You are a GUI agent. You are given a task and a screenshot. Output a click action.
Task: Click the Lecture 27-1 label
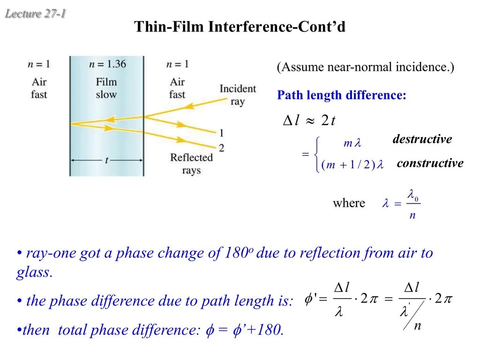[x=35, y=14]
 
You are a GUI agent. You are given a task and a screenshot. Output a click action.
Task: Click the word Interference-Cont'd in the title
[x=277, y=27]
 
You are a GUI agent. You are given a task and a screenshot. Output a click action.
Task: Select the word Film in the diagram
[x=106, y=82]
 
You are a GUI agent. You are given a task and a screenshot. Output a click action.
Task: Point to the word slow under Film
[x=106, y=94]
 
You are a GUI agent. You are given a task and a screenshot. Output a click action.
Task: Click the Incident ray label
[x=238, y=95]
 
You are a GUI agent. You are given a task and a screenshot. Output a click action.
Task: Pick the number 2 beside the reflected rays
[x=221, y=148]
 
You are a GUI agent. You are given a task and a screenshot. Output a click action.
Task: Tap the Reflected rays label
[x=191, y=163]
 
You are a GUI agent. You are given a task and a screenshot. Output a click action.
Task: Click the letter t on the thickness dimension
[x=107, y=160]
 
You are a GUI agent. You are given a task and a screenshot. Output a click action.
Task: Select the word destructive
[x=422, y=139]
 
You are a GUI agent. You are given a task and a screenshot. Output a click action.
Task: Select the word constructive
[x=430, y=163]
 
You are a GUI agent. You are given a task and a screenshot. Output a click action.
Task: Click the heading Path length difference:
[x=342, y=96]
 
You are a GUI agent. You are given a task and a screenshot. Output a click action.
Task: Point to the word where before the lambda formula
[x=349, y=203]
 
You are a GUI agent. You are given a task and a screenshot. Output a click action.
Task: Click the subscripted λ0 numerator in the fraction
[x=413, y=194]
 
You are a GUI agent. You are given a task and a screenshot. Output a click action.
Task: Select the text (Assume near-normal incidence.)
[x=365, y=67]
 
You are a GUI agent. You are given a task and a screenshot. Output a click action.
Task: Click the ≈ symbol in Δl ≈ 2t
[x=310, y=120]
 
